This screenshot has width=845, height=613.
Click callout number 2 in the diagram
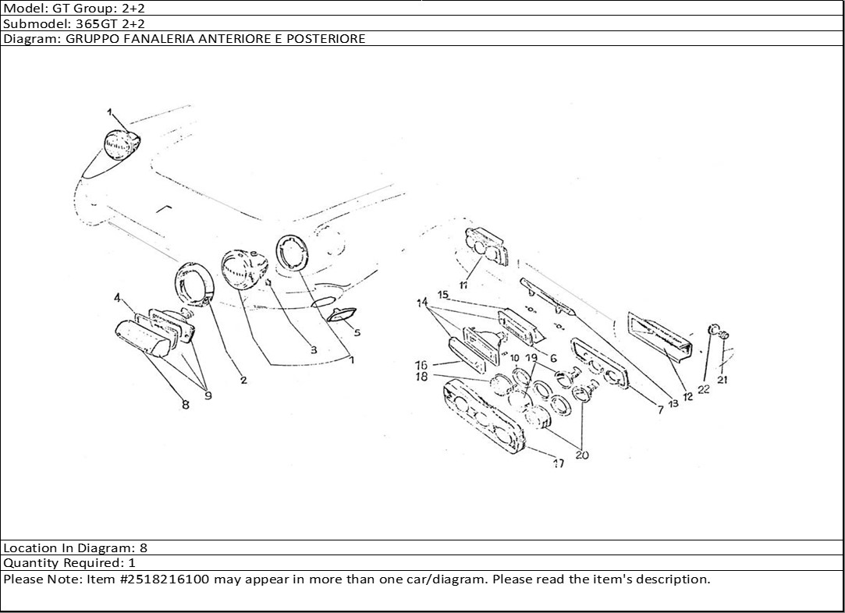pyautogui.click(x=243, y=381)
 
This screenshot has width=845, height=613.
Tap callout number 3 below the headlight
pyautogui.click(x=313, y=350)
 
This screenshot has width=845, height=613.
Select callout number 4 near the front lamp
pyautogui.click(x=117, y=297)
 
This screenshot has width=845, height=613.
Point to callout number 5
pyautogui.click(x=357, y=332)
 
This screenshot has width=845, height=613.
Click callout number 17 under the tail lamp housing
pyautogui.click(x=559, y=463)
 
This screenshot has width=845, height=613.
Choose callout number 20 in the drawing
pyautogui.click(x=581, y=455)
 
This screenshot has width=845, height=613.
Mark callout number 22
pyautogui.click(x=704, y=389)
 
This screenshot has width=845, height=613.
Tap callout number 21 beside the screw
pyautogui.click(x=723, y=381)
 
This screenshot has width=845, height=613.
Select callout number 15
pyautogui.click(x=442, y=296)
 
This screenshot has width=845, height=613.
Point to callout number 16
pyautogui.click(x=421, y=365)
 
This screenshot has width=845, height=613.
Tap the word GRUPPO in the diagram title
pyautogui.click(x=84, y=38)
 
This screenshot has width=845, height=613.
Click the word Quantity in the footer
pyautogui.click(x=29, y=563)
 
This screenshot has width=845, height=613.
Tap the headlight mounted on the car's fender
pyautogui.click(x=122, y=145)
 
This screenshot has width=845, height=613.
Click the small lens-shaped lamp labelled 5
pyautogui.click(x=341, y=315)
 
